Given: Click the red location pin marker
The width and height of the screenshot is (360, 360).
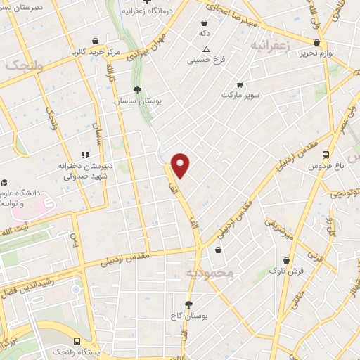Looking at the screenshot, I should (x=181, y=165).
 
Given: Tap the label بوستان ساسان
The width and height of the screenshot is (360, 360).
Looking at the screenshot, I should (x=138, y=101).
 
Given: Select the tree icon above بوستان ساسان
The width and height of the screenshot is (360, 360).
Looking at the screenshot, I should (x=137, y=89).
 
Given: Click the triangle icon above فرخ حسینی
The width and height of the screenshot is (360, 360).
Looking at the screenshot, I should (x=205, y=49).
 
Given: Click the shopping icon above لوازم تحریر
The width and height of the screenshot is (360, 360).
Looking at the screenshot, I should (x=317, y=42).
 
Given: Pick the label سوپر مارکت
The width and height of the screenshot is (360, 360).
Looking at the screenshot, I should (x=240, y=94).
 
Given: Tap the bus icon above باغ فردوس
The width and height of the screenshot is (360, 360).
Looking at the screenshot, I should (x=325, y=156).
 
